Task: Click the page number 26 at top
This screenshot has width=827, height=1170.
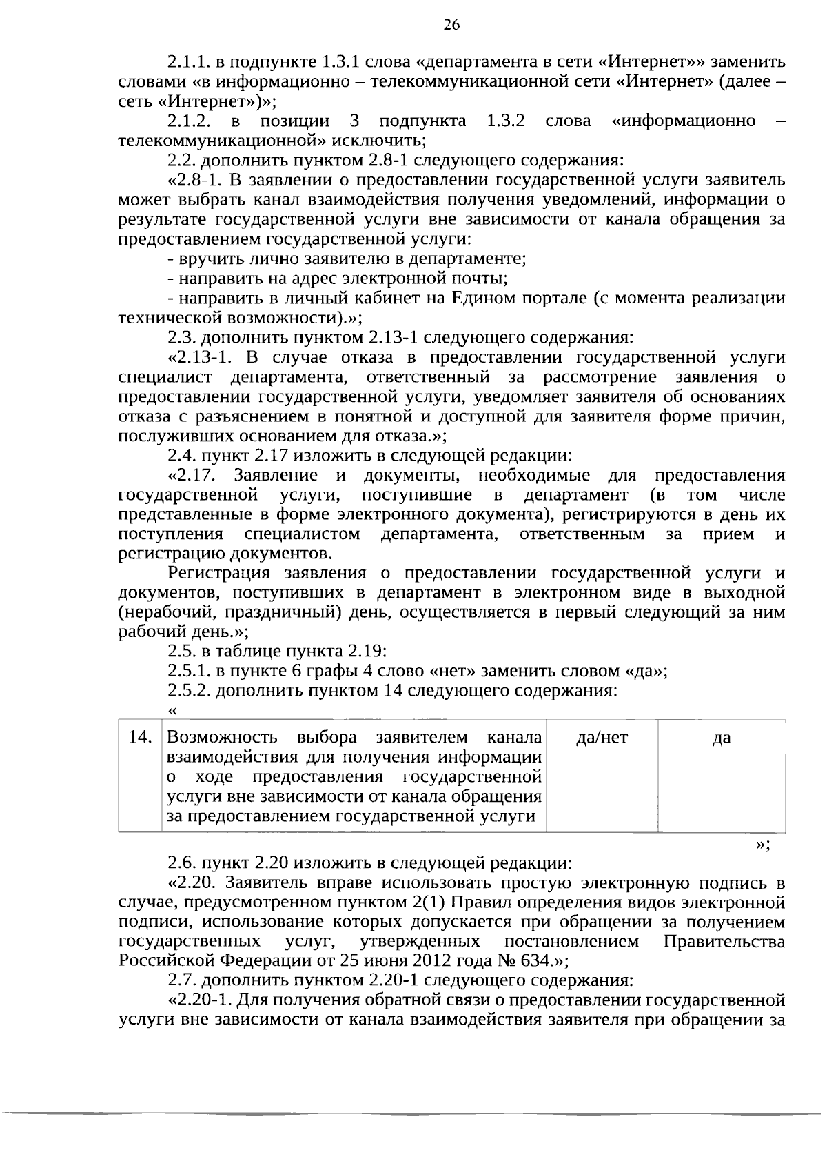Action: tap(451, 26)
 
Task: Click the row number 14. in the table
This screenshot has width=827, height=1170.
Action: tap(141, 738)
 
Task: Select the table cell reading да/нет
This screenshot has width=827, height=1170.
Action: tap(602, 738)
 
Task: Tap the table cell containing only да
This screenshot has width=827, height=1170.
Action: tap(721, 738)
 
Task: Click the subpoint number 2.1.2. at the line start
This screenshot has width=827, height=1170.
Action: tap(189, 122)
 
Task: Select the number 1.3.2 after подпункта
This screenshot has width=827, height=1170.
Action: tap(506, 122)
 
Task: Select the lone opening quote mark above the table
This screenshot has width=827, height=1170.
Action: tap(172, 711)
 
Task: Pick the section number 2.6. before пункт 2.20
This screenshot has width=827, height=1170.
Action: tap(182, 863)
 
